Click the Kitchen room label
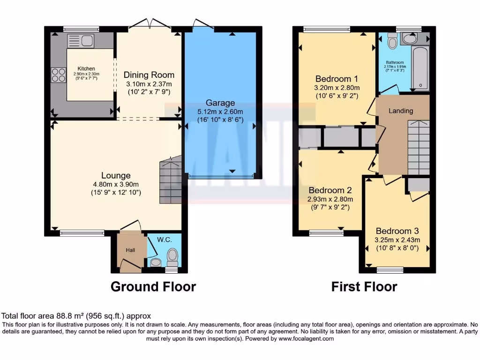tap(86, 68)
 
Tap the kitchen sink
tap(81, 41)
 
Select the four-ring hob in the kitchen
tap(59, 75)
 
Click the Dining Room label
tap(149, 75)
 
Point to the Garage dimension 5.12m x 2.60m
tap(220, 112)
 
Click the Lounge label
tap(116, 175)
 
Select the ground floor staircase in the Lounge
tap(170, 180)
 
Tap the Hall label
tap(130, 250)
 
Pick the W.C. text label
tap(164, 240)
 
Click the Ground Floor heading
tap(153, 286)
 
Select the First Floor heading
tap(364, 286)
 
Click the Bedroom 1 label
tap(337, 78)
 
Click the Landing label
tap(401, 111)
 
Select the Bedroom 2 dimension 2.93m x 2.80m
tap(330, 199)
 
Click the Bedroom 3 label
tap(397, 231)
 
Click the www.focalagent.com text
tap(307, 338)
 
